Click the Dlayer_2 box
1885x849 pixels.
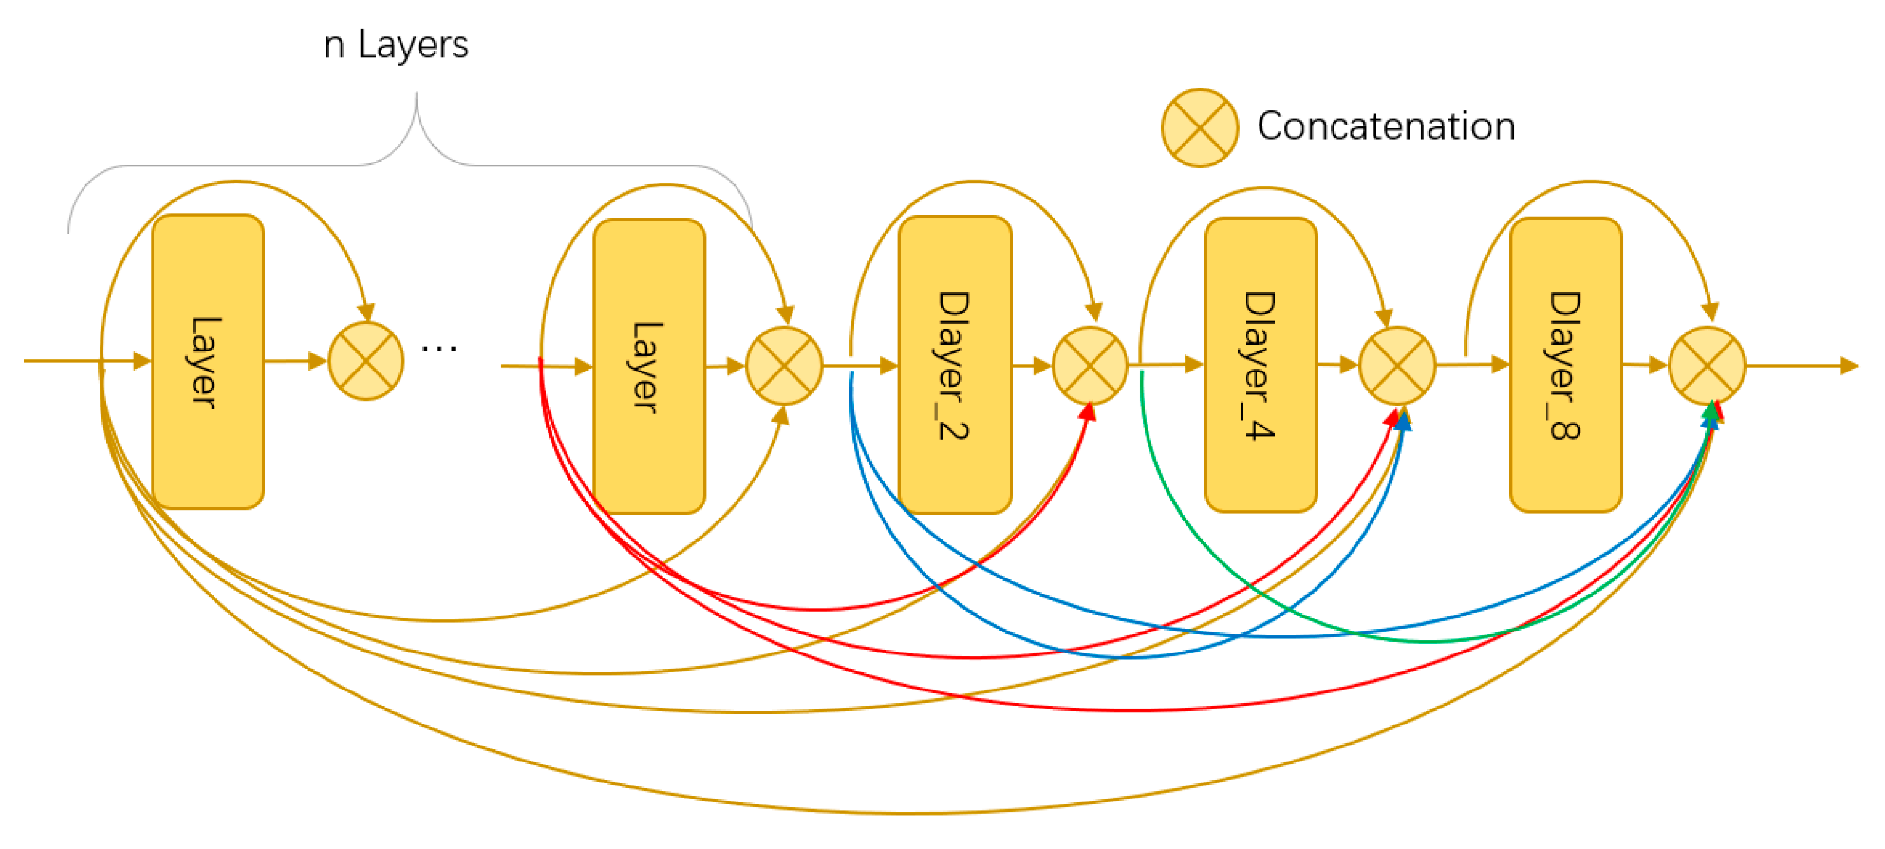pyautogui.click(x=955, y=365)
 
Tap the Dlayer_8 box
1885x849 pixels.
pyautogui.click(x=1566, y=365)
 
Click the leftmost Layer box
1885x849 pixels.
pyautogui.click(x=208, y=362)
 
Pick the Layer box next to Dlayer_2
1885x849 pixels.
pyautogui.click(x=649, y=366)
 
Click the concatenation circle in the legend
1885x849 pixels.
pyautogui.click(x=1200, y=128)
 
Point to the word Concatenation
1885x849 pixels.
pyautogui.click(x=1386, y=126)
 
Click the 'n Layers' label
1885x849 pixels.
pyautogui.click(x=396, y=45)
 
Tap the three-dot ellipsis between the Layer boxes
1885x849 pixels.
pyautogui.click(x=439, y=349)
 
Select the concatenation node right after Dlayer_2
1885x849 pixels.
pyautogui.click(x=1090, y=365)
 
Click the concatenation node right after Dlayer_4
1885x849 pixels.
pyautogui.click(x=1397, y=365)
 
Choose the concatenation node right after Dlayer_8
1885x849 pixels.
pyautogui.click(x=1707, y=365)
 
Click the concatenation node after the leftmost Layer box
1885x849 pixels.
pyautogui.click(x=366, y=361)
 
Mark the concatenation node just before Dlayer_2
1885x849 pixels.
pyautogui.click(x=784, y=365)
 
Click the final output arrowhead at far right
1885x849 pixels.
pyautogui.click(x=1849, y=365)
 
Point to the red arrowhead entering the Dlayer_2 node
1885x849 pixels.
pyautogui.click(x=1087, y=413)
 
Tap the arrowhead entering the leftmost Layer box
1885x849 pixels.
pyautogui.click(x=142, y=361)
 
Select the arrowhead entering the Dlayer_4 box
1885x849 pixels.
pyautogui.click(x=1194, y=365)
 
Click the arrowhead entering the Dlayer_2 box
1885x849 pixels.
pyautogui.click(x=888, y=365)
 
